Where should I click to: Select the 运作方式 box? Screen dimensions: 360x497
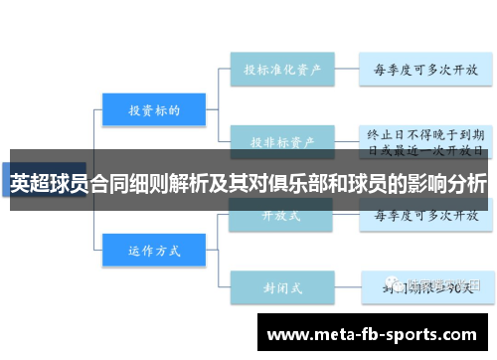tap(153, 250)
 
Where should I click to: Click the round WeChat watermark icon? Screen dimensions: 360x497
tap(397, 286)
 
